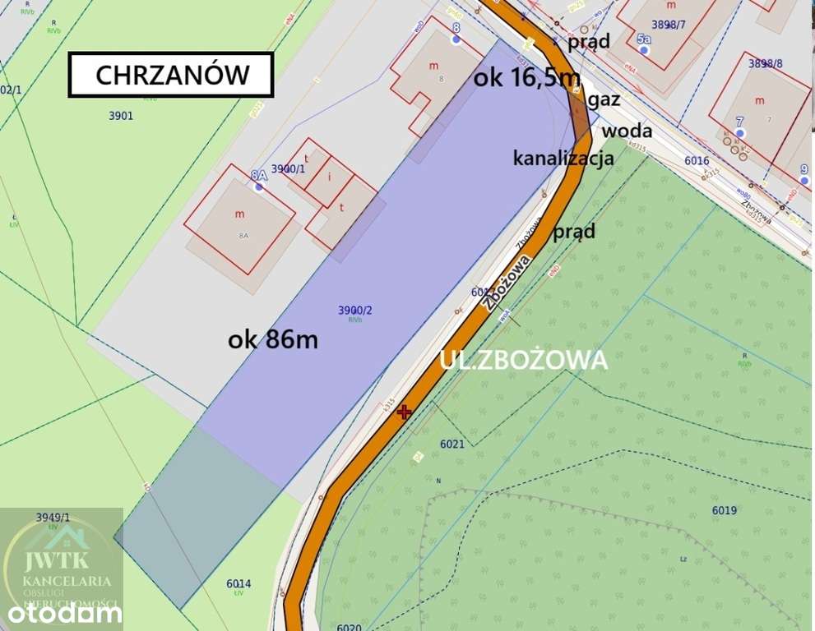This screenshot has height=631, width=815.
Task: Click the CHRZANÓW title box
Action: (x=171, y=75)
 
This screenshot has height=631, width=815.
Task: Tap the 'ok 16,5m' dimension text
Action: (x=527, y=77)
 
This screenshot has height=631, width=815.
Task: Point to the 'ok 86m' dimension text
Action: (x=273, y=339)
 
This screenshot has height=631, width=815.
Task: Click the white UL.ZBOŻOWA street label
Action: (x=524, y=360)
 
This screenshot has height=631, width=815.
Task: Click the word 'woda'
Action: (x=627, y=131)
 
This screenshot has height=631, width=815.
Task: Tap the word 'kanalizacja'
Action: (x=563, y=158)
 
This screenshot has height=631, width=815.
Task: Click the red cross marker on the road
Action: (x=404, y=412)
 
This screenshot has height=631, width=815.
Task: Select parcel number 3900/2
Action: (x=355, y=310)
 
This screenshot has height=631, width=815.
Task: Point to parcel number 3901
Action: (x=121, y=116)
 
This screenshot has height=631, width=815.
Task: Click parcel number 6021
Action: (x=452, y=444)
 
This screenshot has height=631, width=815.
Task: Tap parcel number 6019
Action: (x=724, y=510)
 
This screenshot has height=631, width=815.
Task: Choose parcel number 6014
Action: (x=238, y=584)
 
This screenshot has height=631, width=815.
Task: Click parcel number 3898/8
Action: (x=765, y=62)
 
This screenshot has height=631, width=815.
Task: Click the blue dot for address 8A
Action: (x=259, y=187)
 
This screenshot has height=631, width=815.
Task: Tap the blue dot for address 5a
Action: (x=644, y=51)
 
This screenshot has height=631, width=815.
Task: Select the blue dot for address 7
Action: (x=740, y=133)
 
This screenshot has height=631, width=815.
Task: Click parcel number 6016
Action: (x=696, y=161)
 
